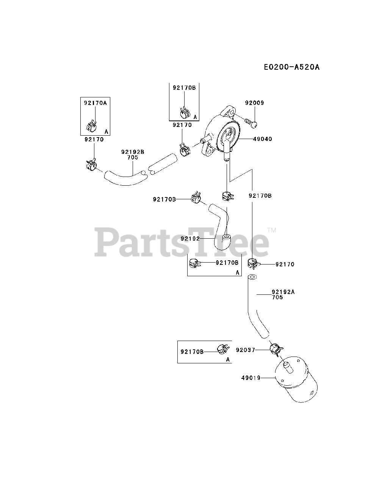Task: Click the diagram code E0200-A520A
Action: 292,67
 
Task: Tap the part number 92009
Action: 254,103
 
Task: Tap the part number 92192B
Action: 133,152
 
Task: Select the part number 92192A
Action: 283,292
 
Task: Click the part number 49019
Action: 250,378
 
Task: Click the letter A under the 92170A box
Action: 106,131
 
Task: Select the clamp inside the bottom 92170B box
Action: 222,348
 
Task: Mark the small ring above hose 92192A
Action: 253,277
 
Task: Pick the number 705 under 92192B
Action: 133,157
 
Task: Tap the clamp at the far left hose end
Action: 91,165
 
